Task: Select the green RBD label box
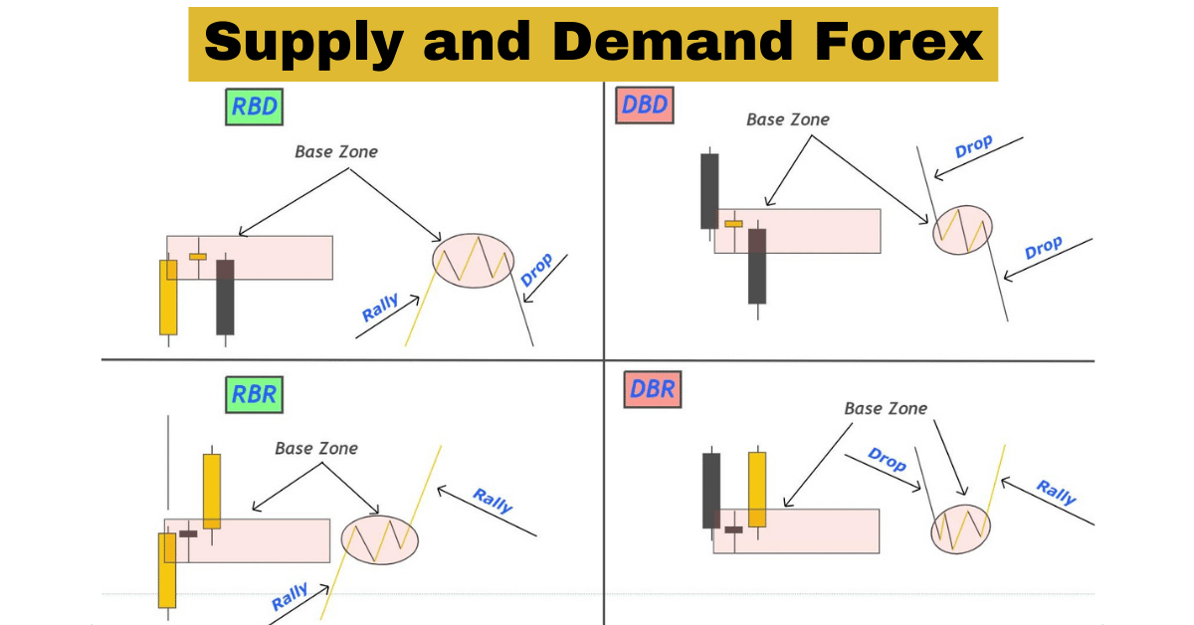(254, 107)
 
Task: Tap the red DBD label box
(644, 104)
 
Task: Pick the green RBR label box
(253, 394)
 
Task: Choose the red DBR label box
(651, 390)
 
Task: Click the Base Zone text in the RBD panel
(336, 152)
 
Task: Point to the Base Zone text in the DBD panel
(787, 119)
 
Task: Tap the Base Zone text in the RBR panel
(316, 449)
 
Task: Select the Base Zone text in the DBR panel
(885, 409)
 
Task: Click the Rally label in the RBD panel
(380, 309)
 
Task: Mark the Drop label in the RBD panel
(536, 269)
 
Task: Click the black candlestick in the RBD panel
(225, 297)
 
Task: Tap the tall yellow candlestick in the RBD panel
(168, 297)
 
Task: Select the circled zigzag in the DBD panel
(962, 230)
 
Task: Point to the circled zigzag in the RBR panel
(379, 538)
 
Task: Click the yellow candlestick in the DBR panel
(757, 490)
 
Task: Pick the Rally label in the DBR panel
(1056, 492)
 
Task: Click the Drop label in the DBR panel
(887, 460)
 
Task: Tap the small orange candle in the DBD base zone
(733, 224)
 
